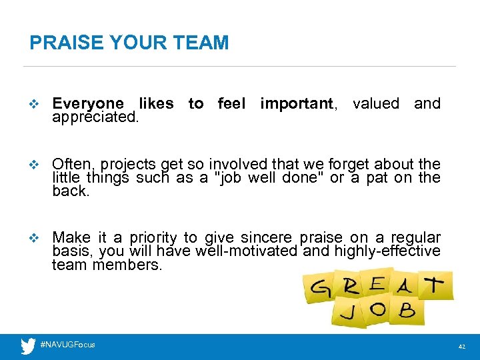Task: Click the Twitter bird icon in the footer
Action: pos(28,345)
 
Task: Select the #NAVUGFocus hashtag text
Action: pos(68,345)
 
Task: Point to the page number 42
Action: pos(461,347)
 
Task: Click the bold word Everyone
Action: pos(87,104)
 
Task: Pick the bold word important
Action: pos(297,104)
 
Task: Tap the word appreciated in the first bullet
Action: pos(95,117)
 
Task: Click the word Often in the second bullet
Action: pos(72,164)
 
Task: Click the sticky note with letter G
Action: pos(318,289)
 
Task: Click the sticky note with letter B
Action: pos(405,310)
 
